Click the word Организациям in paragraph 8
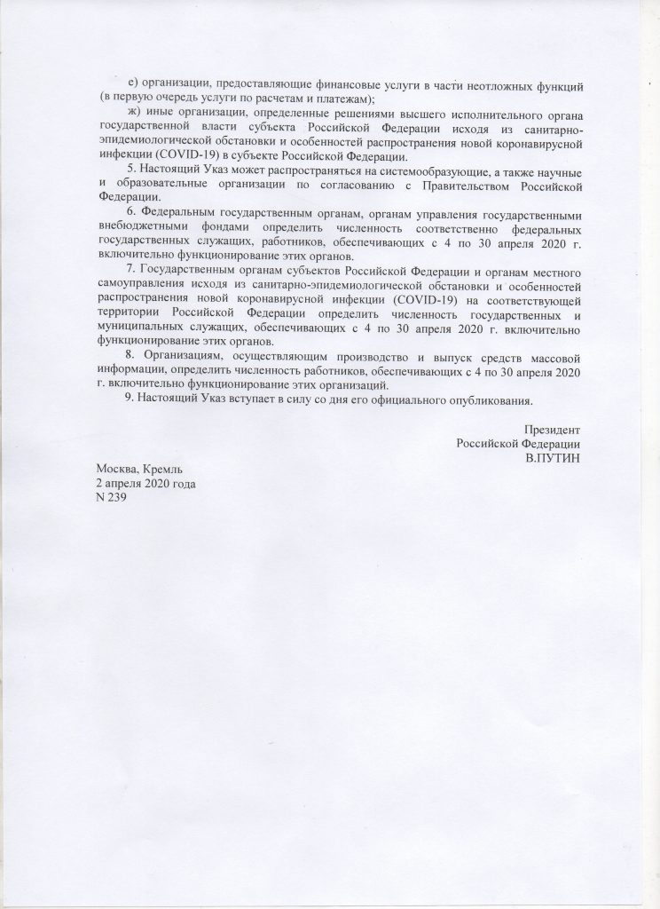(x=184, y=357)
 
